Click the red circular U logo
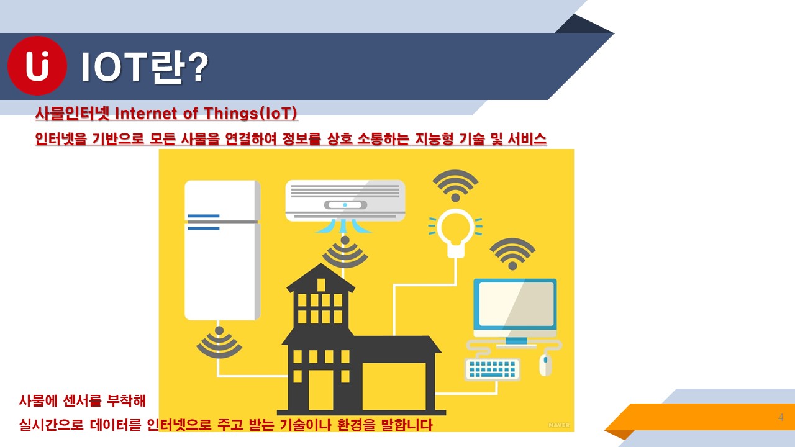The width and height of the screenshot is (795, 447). coord(37,66)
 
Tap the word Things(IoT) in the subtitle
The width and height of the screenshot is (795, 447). coord(250,114)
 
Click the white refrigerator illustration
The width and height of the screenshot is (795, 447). coord(222,250)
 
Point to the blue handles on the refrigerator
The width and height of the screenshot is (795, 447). coord(203,222)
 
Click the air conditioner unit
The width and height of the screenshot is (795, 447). coord(345,201)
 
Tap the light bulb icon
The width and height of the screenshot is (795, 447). coord(455,232)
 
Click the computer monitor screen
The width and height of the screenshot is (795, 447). coord(516,304)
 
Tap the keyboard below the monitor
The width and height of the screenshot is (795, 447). coord(493,369)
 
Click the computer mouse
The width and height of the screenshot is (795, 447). coord(545,365)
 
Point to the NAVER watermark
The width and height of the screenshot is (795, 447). coord(559,425)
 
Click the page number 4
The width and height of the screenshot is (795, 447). coord(781,417)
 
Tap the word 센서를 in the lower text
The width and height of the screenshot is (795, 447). coord(82,400)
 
